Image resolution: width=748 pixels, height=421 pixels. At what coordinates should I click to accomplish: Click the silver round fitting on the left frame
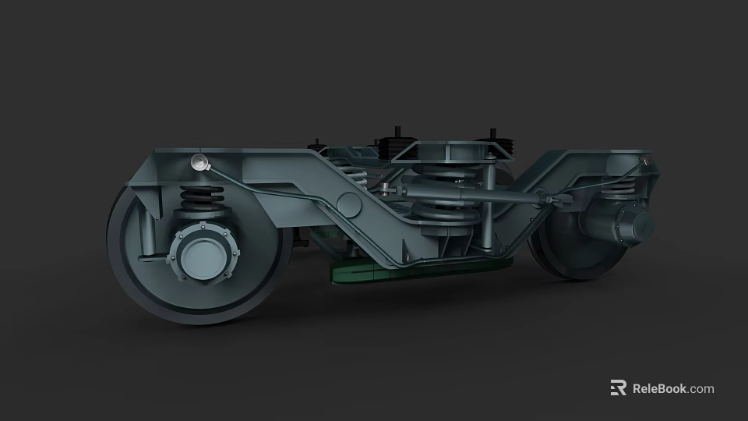click(199, 163)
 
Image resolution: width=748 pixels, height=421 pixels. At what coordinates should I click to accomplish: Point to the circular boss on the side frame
click(348, 205)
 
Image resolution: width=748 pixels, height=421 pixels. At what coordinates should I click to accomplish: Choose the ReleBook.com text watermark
click(672, 388)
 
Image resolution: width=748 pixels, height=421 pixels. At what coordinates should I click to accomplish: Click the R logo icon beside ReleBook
click(618, 388)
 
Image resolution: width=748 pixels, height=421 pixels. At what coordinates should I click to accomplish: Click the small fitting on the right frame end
click(644, 161)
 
